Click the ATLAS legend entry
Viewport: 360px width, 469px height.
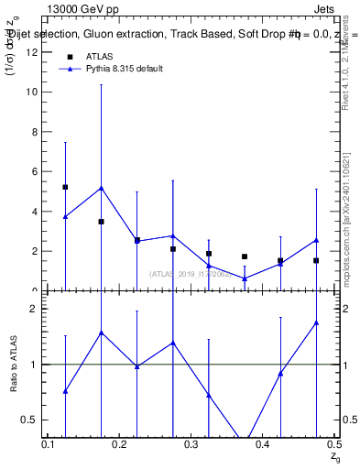point(98,57)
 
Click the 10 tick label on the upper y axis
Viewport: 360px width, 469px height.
point(34,93)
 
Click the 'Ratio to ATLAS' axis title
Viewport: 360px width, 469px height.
point(14,365)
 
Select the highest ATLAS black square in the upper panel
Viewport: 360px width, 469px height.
point(65,187)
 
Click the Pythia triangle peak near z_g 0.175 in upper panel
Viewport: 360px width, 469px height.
point(101,188)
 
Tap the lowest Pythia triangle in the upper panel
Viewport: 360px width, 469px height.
point(245,278)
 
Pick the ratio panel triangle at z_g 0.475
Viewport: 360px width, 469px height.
point(316,322)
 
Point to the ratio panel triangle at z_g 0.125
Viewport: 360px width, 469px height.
point(65,391)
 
